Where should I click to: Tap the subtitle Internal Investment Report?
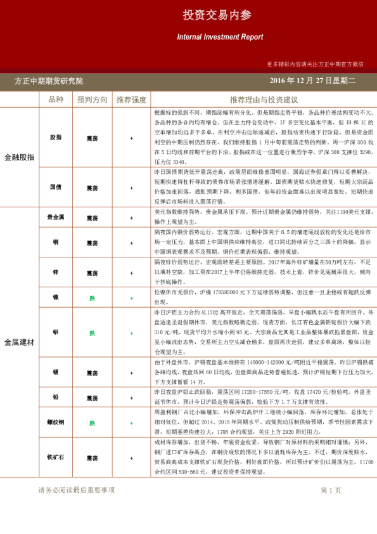click(220, 37)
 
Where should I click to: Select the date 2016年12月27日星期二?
click(313, 81)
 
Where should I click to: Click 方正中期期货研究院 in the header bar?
click(49, 81)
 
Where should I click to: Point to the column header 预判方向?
click(93, 100)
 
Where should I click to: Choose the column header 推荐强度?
click(131, 100)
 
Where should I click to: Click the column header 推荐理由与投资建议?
click(264, 100)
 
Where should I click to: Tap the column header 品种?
click(56, 100)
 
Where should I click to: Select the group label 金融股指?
click(19, 157)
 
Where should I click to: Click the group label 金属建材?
click(19, 342)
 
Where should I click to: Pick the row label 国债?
click(56, 187)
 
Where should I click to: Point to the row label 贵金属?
click(56, 218)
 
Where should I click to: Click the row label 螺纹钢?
click(56, 423)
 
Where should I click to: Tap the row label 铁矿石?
click(56, 457)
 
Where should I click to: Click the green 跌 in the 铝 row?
click(93, 333)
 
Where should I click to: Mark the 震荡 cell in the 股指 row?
click(93, 138)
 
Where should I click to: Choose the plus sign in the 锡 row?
click(131, 373)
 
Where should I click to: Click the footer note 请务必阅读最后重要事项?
click(76, 490)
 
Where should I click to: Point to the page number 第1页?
click(331, 490)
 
